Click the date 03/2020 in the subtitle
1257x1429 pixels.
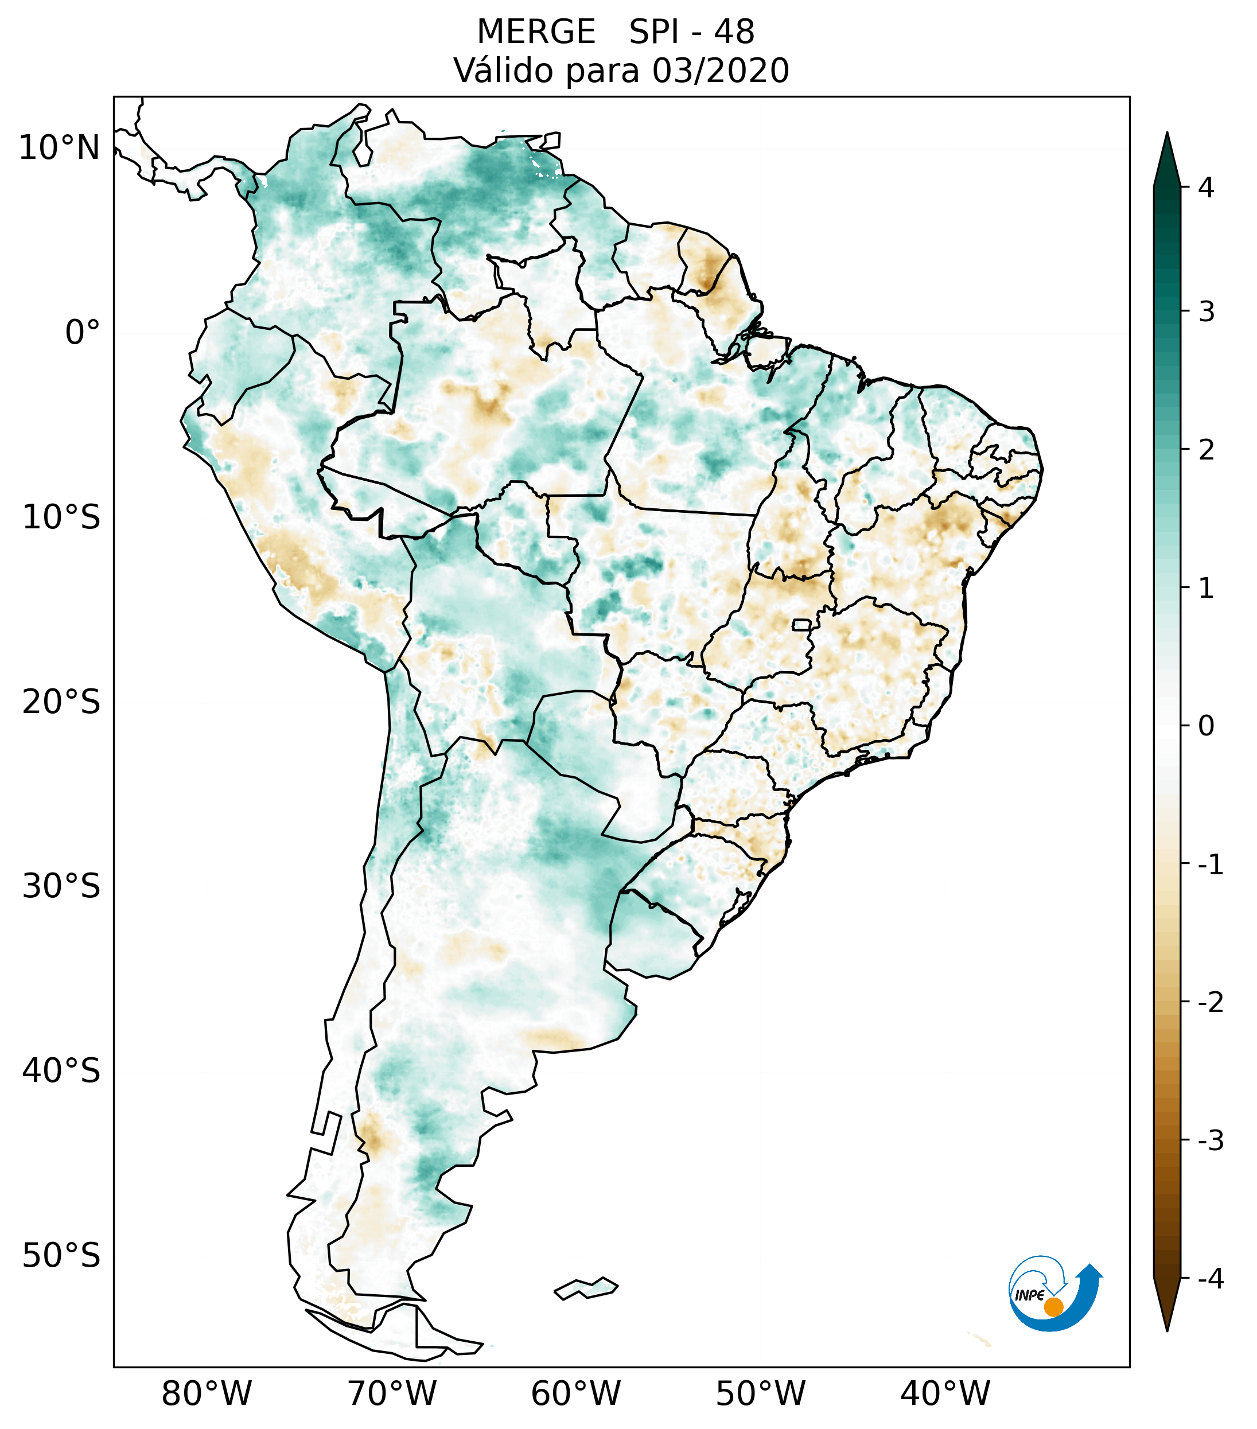pyautogui.click(x=720, y=71)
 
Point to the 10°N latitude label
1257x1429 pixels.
pyautogui.click(x=60, y=148)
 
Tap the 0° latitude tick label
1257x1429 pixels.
pyautogui.click(x=83, y=333)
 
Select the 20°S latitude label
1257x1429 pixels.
pyautogui.click(x=61, y=702)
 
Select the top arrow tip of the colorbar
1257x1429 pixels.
pyautogui.click(x=1166, y=134)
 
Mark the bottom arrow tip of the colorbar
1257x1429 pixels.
pyautogui.click(x=1166, y=1329)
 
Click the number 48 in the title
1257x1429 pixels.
pyautogui.click(x=734, y=32)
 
